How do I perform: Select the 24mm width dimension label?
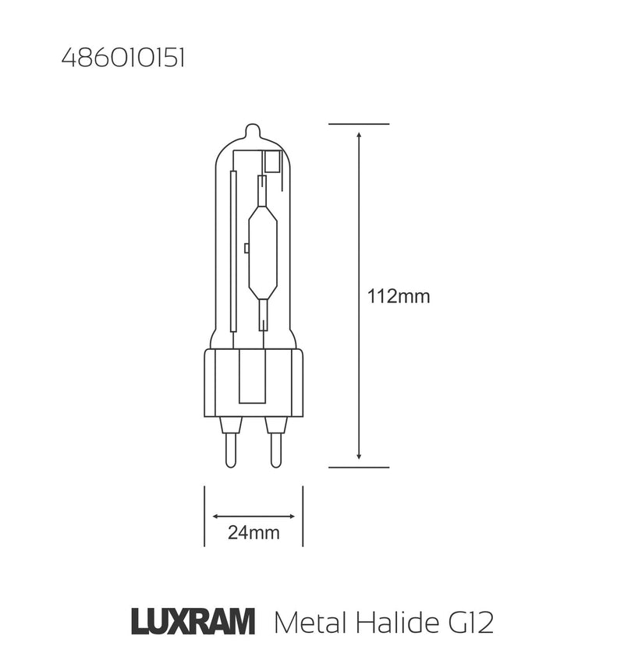253,534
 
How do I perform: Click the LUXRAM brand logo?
192,623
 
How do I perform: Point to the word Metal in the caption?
307,623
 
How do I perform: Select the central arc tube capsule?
261,249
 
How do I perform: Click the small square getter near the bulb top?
273,162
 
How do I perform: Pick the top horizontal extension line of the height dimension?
358,124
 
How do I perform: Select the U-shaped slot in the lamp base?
253,378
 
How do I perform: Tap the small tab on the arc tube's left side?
246,249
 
